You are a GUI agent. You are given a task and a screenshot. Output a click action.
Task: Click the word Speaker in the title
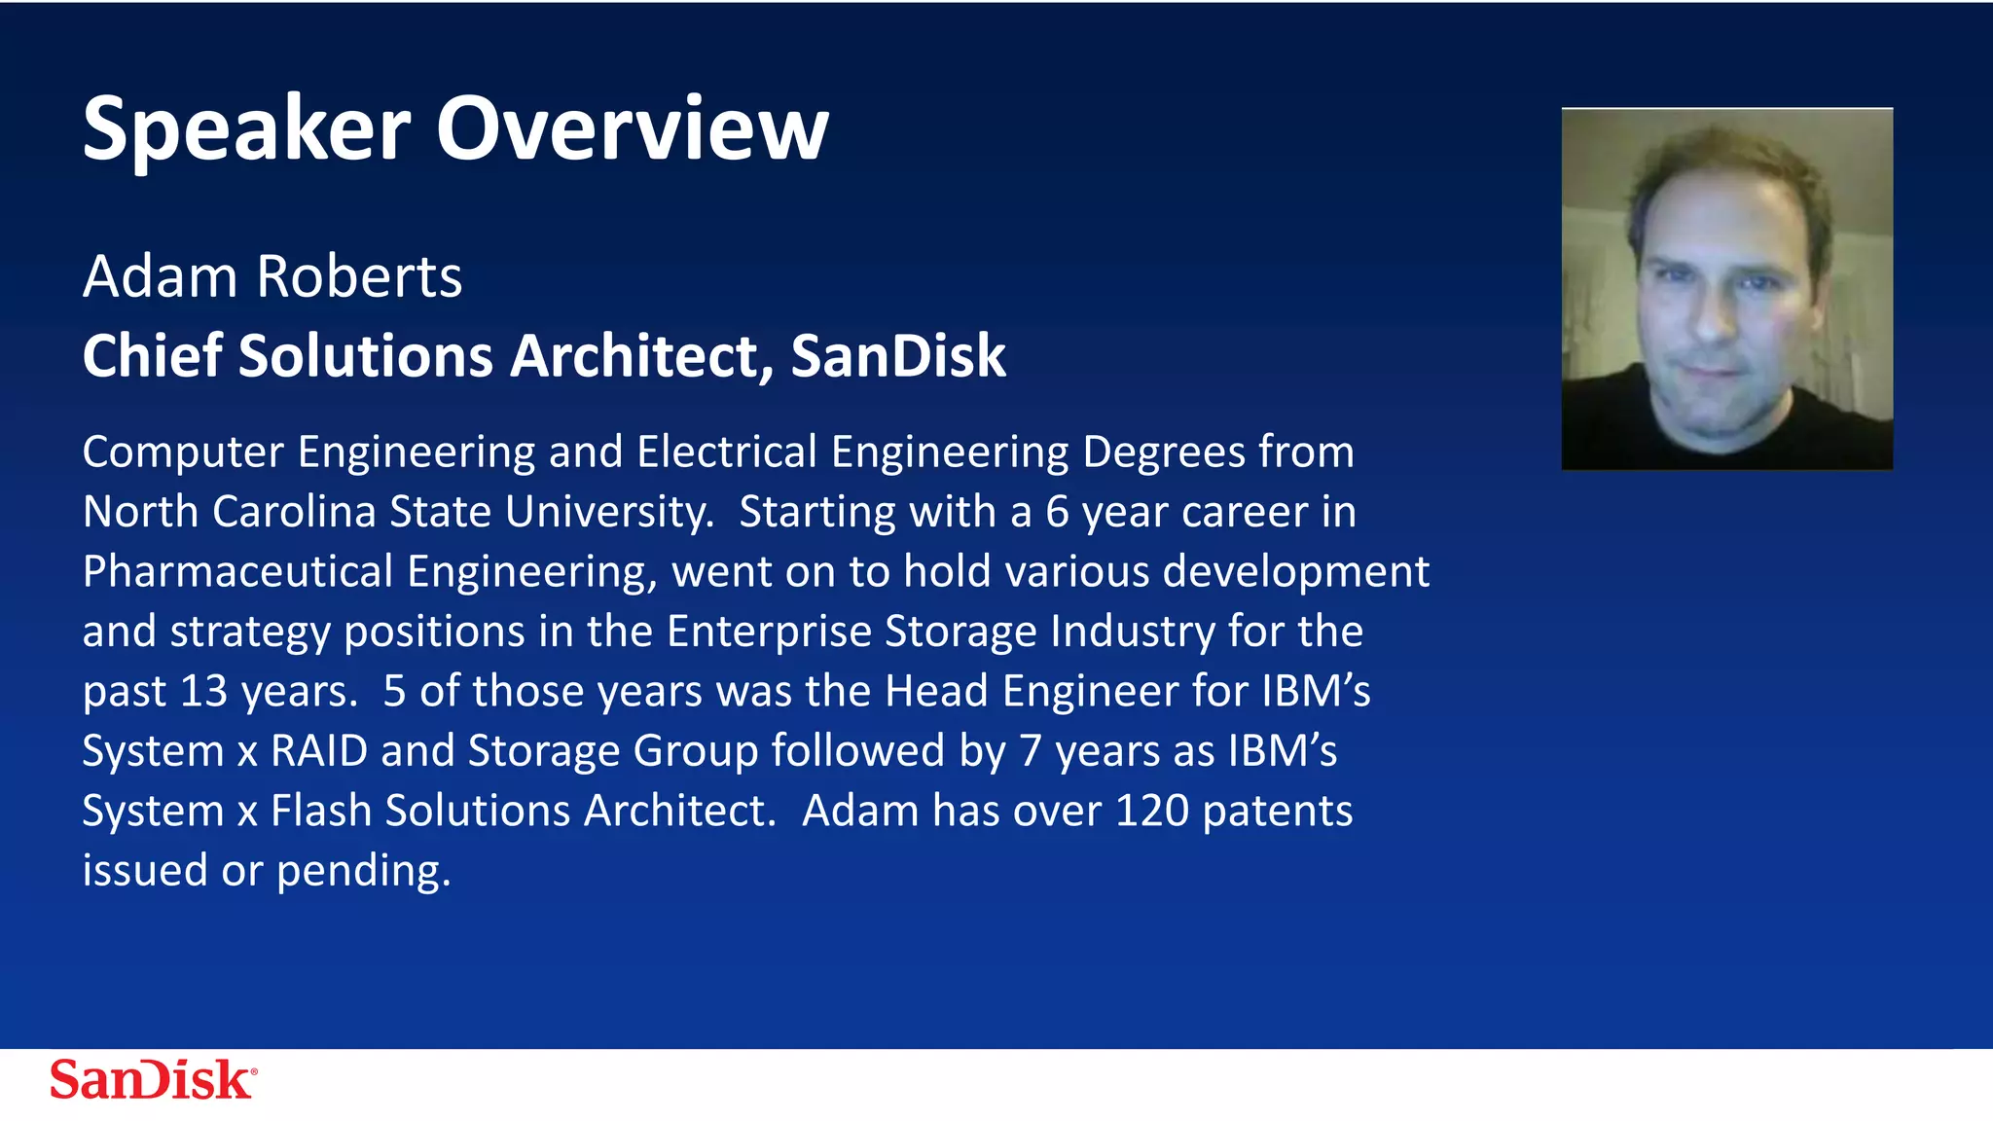(x=246, y=131)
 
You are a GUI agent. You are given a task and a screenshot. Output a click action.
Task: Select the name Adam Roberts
(x=272, y=276)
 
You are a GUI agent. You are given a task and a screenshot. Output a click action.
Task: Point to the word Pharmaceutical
(x=237, y=572)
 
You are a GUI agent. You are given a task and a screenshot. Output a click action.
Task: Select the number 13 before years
(x=203, y=692)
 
